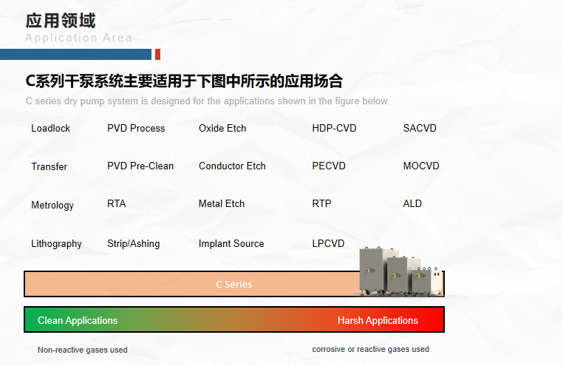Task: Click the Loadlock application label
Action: (x=51, y=128)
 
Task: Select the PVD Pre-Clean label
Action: (x=140, y=166)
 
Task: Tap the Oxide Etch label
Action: (x=222, y=128)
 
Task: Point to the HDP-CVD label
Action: (x=334, y=128)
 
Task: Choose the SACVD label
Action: (x=420, y=128)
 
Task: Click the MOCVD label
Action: (x=421, y=166)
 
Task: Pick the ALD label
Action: (x=412, y=203)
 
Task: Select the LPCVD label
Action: (x=328, y=243)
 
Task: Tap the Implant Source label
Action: (x=231, y=243)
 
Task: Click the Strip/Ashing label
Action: (x=134, y=244)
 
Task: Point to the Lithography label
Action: (x=56, y=244)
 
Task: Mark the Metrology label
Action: (x=52, y=206)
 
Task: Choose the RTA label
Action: (x=116, y=203)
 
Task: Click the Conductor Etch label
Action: (x=232, y=166)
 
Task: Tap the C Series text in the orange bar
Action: (x=234, y=285)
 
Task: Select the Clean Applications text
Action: (x=78, y=320)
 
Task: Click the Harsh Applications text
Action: (x=378, y=320)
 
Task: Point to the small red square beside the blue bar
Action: (x=157, y=54)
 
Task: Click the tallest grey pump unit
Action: (x=373, y=271)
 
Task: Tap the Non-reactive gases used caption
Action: (x=83, y=350)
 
